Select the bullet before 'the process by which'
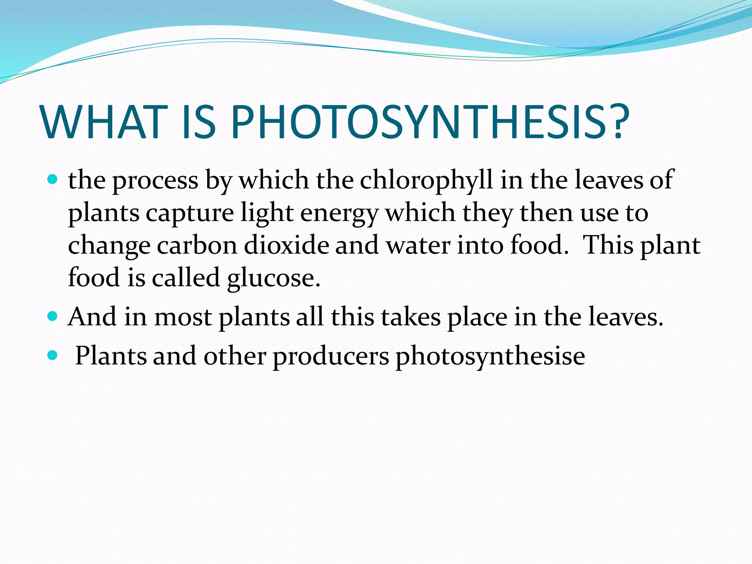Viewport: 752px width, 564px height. click(53, 180)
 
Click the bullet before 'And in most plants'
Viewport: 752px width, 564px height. click(53, 316)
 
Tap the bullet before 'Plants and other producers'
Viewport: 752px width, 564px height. click(53, 355)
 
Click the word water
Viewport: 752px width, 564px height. click(419, 245)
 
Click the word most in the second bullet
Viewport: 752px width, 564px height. click(183, 317)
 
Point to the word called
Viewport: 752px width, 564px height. click(186, 277)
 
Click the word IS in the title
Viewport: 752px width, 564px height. click(199, 122)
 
